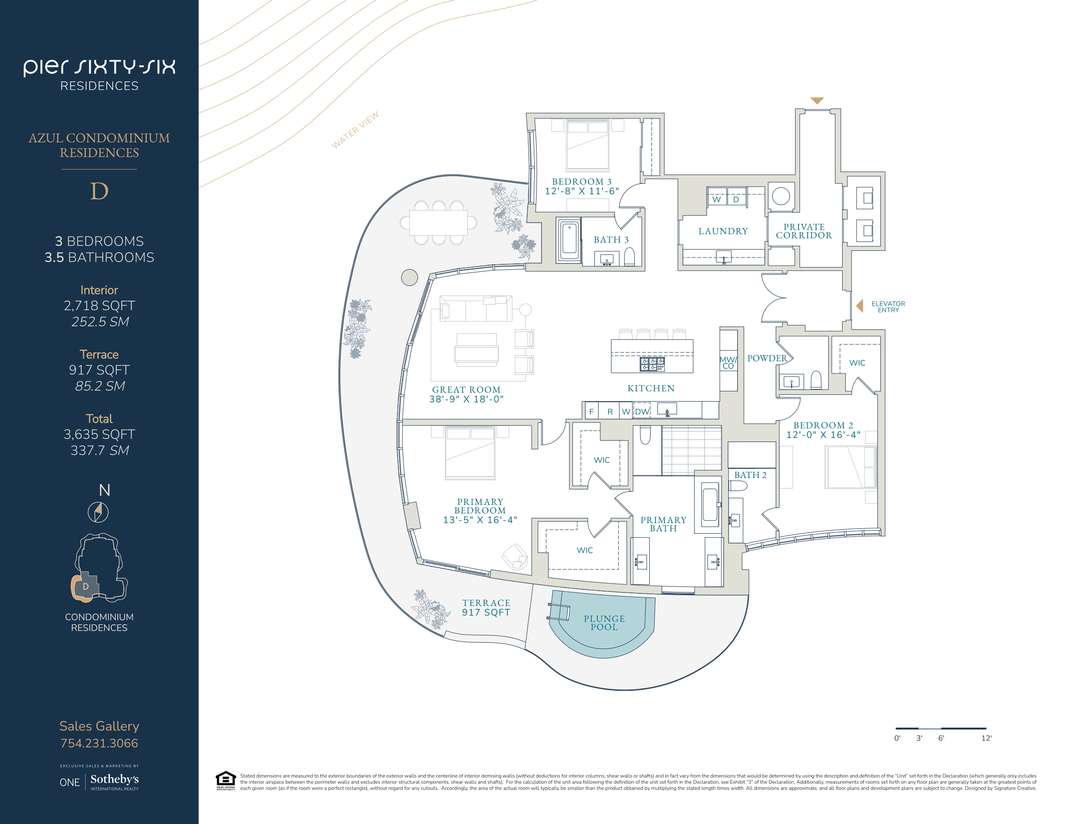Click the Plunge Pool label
[x=604, y=623]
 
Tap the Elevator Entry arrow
[x=860, y=306]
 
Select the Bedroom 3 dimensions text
[x=582, y=191]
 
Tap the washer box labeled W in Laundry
[x=716, y=197]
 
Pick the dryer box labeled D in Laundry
[x=737, y=197]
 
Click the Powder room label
[x=767, y=358]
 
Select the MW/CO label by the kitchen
[x=728, y=363]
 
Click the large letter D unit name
[x=99, y=191]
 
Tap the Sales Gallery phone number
[x=99, y=743]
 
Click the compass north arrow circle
[x=98, y=512]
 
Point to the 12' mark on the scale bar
[x=986, y=738]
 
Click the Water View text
[x=355, y=130]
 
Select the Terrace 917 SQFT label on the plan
[x=486, y=608]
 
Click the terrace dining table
[x=438, y=223]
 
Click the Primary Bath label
[x=663, y=524]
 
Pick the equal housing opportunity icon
[x=226, y=780]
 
